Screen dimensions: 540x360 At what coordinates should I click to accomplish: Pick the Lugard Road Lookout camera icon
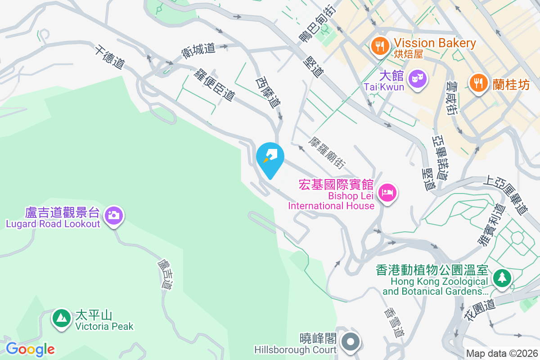tap(114, 215)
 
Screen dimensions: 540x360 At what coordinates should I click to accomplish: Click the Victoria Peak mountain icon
tap(61, 318)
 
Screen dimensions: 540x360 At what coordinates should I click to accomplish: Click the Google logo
tap(30, 349)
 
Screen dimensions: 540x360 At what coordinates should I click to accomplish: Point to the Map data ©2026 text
tap(502, 354)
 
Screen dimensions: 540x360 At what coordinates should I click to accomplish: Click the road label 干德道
tap(109, 57)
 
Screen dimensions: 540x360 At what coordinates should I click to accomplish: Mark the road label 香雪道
tap(395, 322)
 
